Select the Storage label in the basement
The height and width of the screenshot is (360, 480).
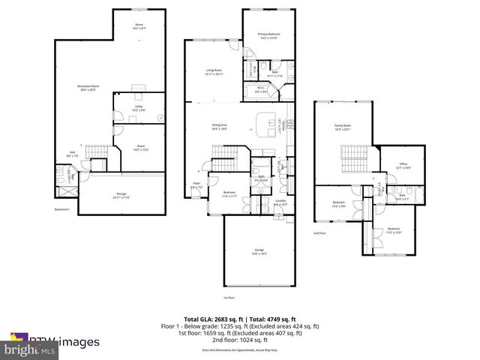tap(120, 196)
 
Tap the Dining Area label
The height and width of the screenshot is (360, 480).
tap(219, 127)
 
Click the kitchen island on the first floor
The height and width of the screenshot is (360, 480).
tap(266, 123)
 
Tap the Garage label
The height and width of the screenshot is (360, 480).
tap(257, 253)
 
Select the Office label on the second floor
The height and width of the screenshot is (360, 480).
tap(402, 166)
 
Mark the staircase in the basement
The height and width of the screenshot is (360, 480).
tap(96, 154)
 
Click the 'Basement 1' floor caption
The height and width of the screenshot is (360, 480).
tap(62, 209)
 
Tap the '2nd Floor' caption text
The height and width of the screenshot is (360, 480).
tap(319, 233)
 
